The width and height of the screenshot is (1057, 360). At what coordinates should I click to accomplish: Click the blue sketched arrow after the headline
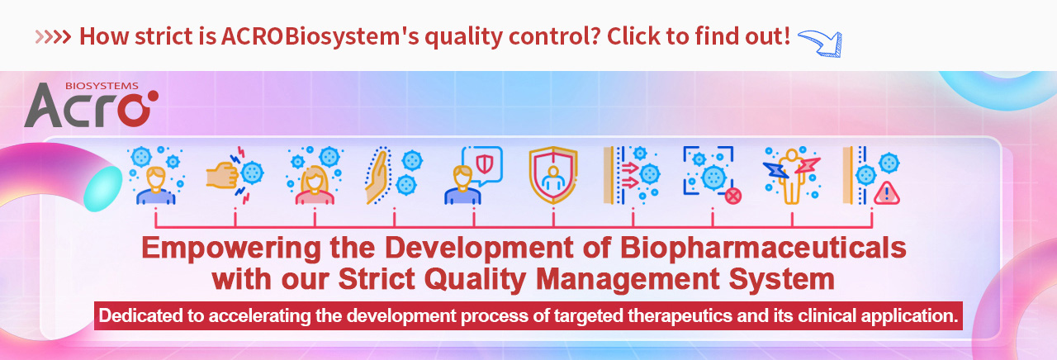click(820, 42)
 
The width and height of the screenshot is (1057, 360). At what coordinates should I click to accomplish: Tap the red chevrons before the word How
click(53, 37)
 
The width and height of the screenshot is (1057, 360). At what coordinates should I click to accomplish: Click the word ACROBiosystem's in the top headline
click(320, 37)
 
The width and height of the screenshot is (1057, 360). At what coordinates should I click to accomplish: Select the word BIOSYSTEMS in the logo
click(102, 86)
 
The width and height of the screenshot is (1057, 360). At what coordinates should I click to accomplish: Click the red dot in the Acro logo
click(153, 96)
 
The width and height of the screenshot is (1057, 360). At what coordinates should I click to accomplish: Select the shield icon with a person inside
click(553, 175)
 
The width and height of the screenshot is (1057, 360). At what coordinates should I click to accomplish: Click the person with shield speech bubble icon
click(474, 175)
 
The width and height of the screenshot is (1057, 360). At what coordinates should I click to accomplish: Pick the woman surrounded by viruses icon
click(315, 175)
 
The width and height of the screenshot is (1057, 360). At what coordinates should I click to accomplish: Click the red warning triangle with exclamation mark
click(887, 193)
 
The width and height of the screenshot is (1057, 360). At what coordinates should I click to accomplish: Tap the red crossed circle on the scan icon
click(732, 196)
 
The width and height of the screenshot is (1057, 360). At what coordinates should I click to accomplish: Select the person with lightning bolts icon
click(792, 175)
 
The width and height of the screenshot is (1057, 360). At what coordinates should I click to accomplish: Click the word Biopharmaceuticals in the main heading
click(763, 249)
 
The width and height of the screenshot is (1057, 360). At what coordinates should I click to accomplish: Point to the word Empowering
click(231, 249)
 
